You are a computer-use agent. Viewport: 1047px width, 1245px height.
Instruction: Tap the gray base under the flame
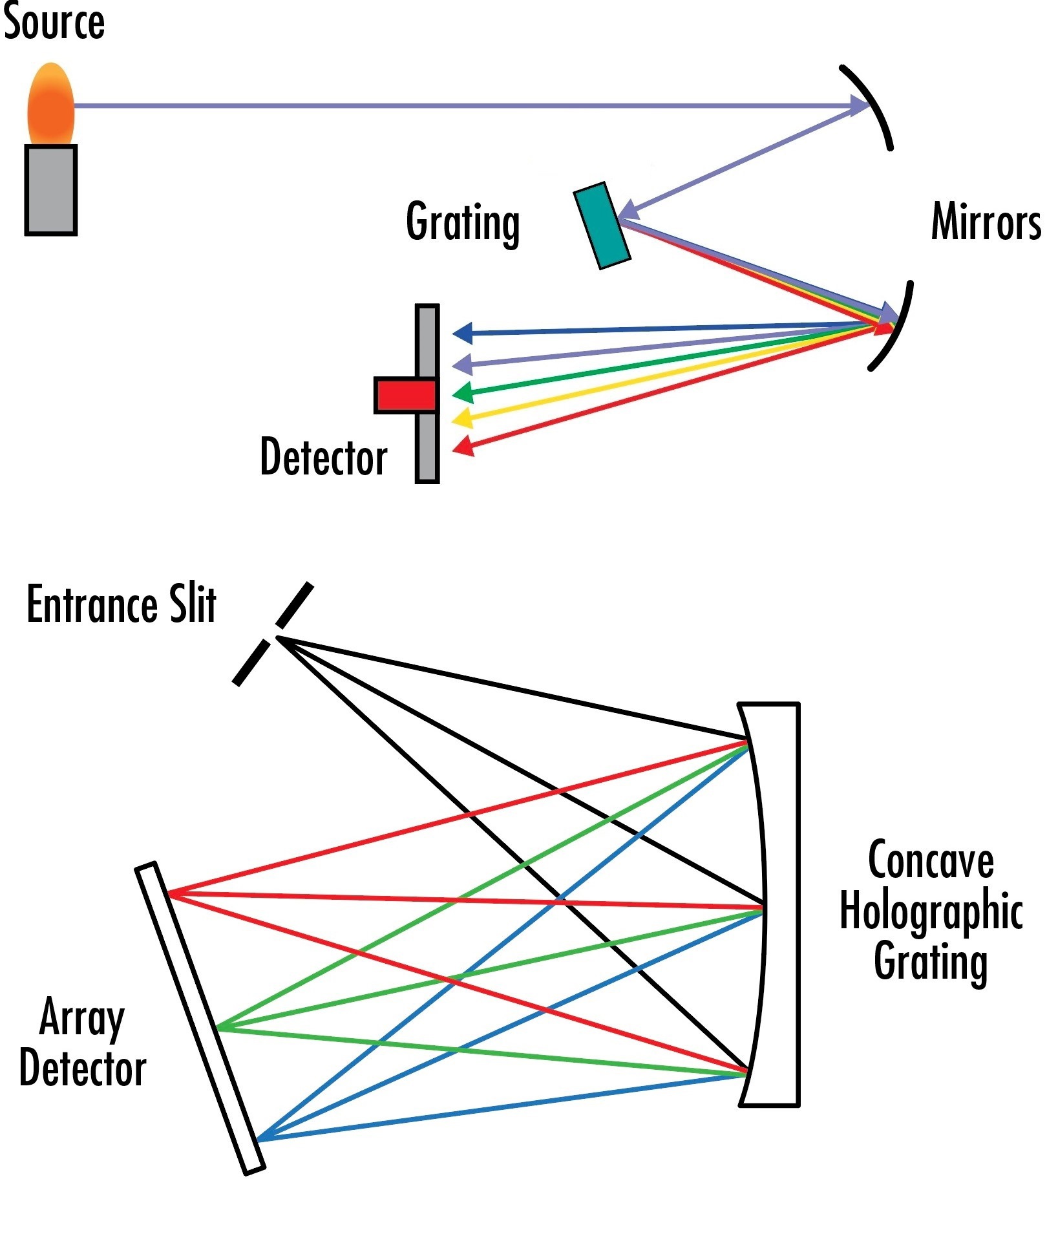point(51,189)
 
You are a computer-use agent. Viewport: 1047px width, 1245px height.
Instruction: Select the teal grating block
point(602,226)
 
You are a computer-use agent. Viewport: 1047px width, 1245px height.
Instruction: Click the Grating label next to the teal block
point(463,222)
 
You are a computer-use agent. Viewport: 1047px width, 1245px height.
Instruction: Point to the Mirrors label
point(985,222)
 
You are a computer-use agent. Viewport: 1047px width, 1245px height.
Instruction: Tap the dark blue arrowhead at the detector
point(463,334)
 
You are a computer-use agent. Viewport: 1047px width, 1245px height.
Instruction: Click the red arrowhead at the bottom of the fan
point(463,446)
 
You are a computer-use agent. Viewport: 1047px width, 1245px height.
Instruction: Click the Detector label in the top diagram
point(323,457)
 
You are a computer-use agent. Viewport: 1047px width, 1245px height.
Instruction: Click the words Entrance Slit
point(121,604)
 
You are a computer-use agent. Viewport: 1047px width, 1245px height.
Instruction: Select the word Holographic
point(931,911)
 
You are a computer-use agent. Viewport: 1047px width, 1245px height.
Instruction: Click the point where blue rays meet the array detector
point(258,1140)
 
